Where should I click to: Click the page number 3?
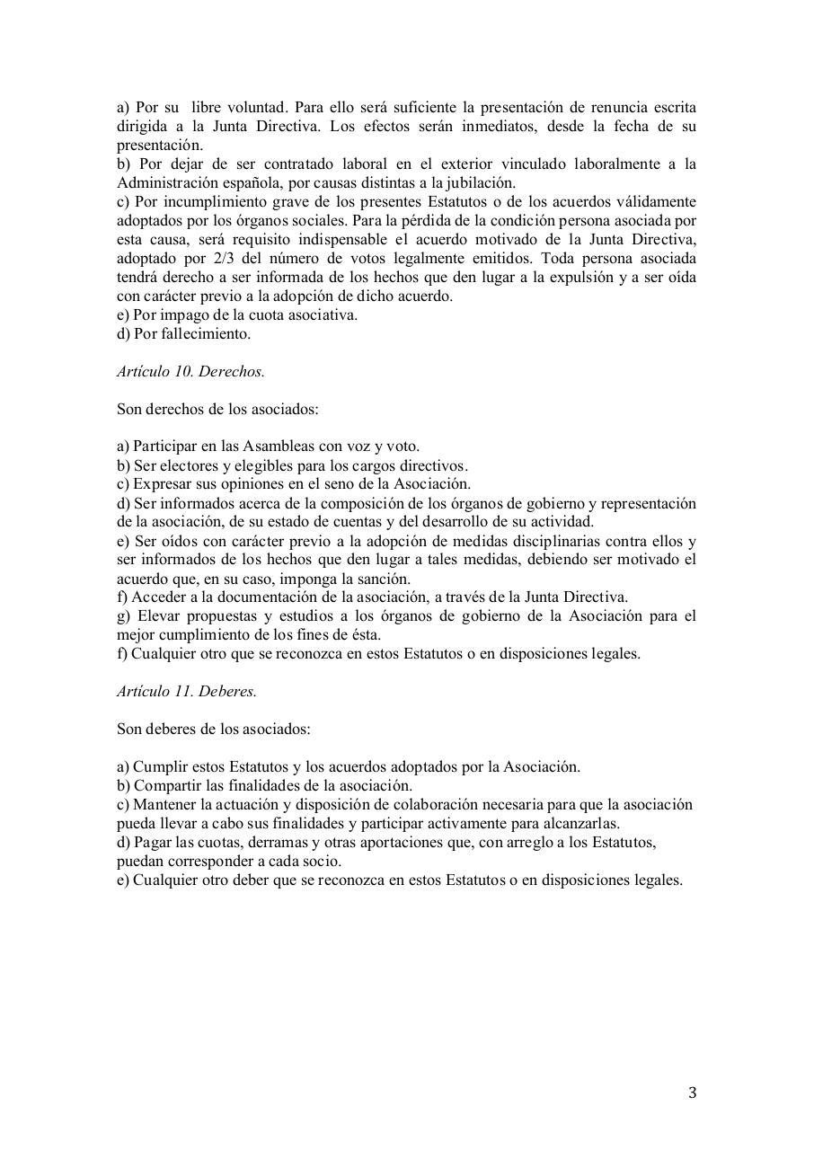pos(692,1093)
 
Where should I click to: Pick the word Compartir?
pos(166,786)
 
